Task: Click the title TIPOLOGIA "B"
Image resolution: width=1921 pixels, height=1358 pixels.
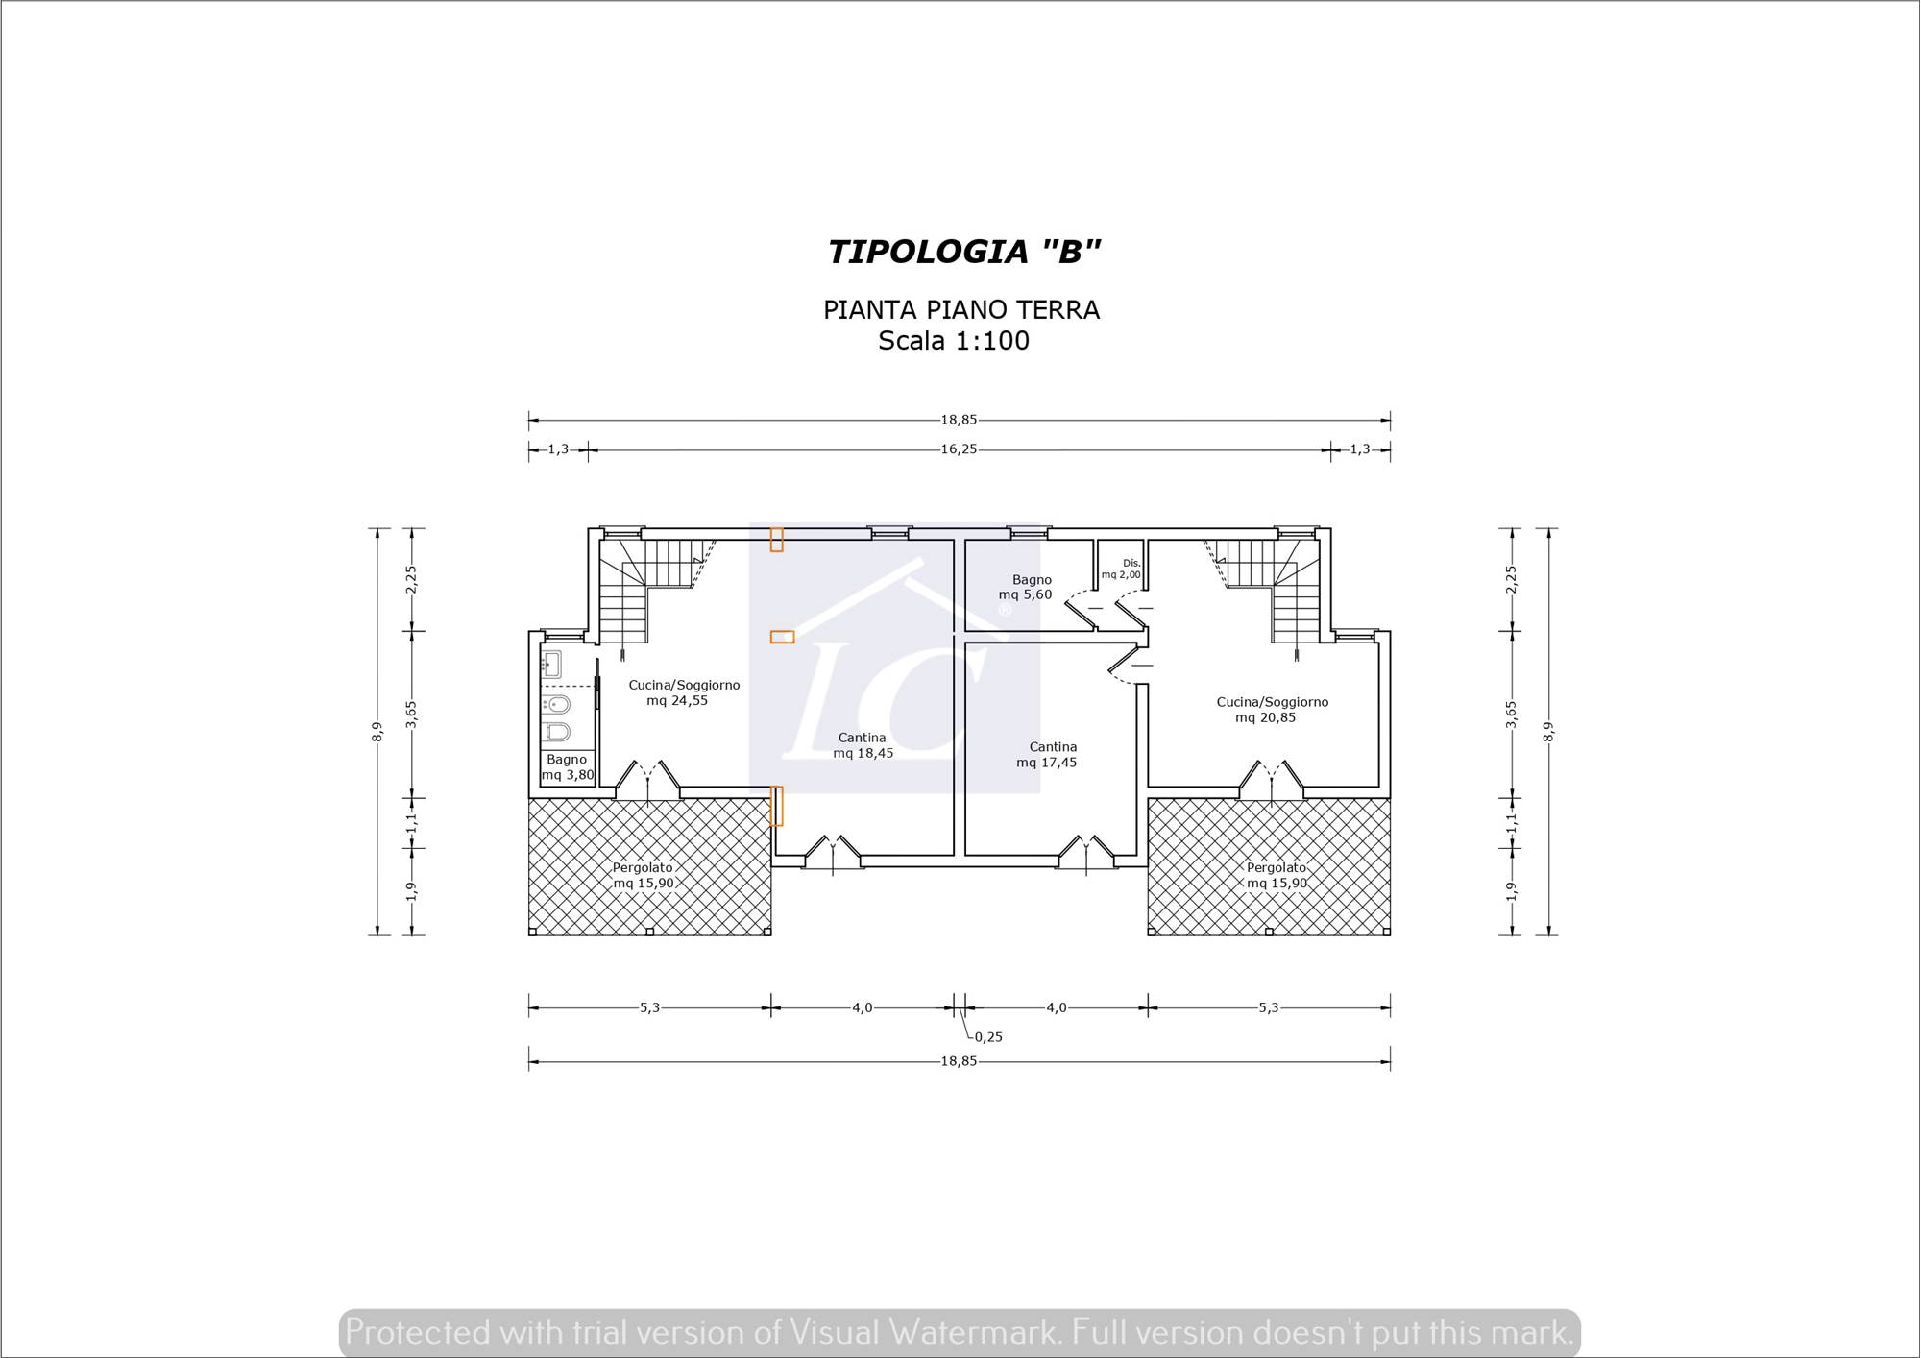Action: [x=963, y=252]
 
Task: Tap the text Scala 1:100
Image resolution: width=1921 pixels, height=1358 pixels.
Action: [x=954, y=341]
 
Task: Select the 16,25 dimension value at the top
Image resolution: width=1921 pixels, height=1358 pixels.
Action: [x=959, y=449]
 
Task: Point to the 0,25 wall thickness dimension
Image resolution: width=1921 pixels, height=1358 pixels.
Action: [x=988, y=1037]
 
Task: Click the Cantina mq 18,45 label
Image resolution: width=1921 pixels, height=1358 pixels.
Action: [x=863, y=745]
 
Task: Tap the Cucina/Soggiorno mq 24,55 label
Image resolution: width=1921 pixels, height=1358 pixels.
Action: [x=684, y=692]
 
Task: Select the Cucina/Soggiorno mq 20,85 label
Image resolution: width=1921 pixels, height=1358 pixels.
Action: [x=1272, y=710]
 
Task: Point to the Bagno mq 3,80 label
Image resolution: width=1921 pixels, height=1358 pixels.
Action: [x=568, y=767]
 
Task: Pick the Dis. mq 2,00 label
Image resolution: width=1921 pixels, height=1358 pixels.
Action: [x=1122, y=570]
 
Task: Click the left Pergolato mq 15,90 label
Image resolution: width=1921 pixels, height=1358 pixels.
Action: [x=644, y=876]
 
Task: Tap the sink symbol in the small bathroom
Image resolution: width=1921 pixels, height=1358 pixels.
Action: [x=551, y=664]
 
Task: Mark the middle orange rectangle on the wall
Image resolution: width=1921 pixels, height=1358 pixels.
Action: [x=782, y=637]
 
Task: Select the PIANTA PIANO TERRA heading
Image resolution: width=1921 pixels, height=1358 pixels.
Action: [x=961, y=310]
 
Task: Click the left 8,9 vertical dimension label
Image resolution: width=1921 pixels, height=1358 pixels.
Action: [x=377, y=732]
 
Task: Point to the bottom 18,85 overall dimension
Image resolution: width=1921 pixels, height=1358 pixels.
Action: [x=959, y=1062]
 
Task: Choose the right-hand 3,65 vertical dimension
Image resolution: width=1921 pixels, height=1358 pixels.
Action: [x=1511, y=715]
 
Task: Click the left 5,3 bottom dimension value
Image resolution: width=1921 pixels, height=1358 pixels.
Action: [x=650, y=1007]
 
